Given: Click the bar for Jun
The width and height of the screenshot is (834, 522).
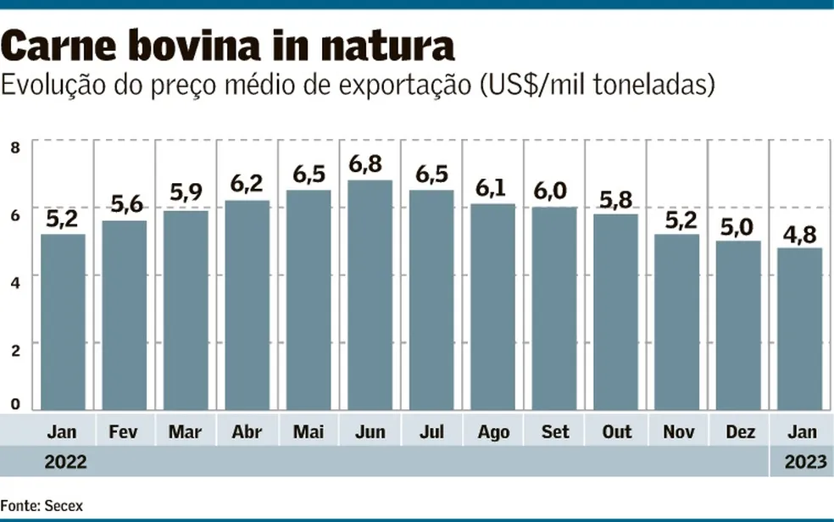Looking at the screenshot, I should point(370,295).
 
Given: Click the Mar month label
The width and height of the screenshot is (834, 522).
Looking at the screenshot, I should point(185,432).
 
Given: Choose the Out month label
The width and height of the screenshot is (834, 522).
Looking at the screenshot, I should point(616,432).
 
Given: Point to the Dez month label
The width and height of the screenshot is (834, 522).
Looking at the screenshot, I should point(740,432).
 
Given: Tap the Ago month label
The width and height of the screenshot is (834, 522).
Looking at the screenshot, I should point(492,432).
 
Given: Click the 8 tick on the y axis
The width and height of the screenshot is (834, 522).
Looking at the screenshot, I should point(14,148).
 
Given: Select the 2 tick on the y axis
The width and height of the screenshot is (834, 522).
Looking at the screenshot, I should point(14,344).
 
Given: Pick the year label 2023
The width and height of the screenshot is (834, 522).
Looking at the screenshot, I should point(801,463).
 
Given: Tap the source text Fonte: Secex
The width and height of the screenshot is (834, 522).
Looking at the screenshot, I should point(42,505).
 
